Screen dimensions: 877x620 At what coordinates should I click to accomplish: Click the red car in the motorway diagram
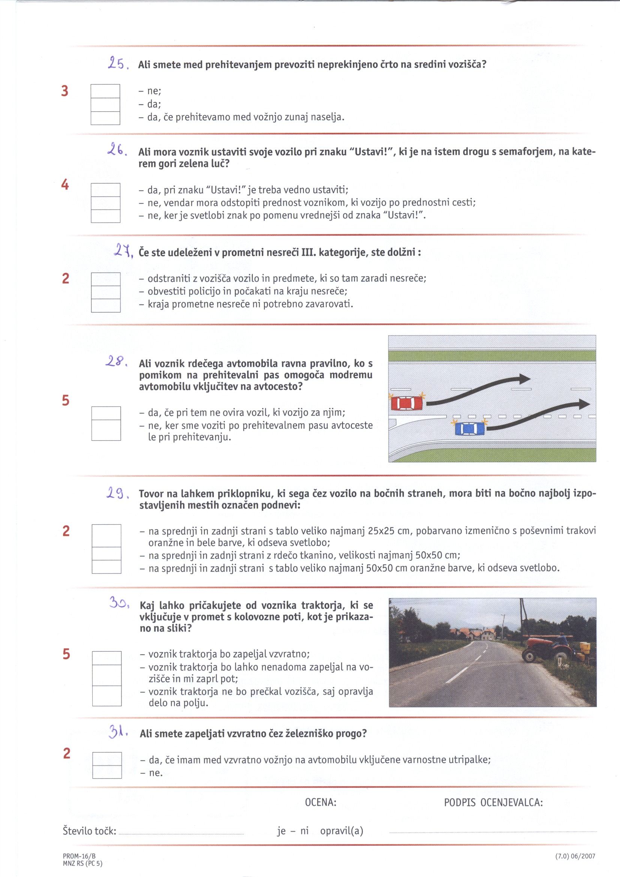(407, 403)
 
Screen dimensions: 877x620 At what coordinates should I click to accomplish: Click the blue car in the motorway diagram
(470, 429)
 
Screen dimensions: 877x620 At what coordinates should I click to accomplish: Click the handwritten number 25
(116, 63)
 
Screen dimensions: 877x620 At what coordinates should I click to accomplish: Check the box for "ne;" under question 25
(105, 91)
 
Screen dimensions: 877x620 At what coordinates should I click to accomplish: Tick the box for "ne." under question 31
(107, 772)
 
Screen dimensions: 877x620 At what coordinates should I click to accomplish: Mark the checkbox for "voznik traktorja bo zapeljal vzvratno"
(107, 658)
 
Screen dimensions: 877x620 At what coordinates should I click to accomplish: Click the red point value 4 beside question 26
(65, 185)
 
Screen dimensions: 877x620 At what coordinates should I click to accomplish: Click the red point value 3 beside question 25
(65, 91)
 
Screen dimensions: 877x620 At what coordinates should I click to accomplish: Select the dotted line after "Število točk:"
(182, 831)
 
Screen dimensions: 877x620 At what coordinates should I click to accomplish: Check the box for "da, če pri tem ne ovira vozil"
(106, 413)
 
